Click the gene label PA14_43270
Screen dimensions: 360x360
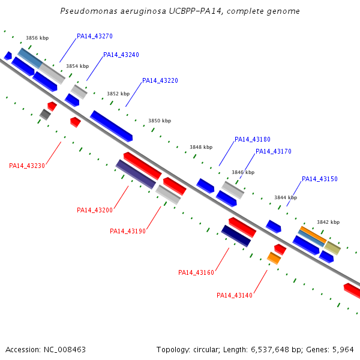pos(95,36)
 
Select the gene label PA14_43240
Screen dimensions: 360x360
pos(121,55)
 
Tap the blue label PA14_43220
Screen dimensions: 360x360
pos(160,80)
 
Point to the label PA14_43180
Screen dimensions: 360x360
pos(253,139)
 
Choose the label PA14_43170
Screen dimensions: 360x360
pos(274,151)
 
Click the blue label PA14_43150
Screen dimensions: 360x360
pos(320,179)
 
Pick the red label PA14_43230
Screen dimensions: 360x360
pos(27,166)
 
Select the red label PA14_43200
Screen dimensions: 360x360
pos(95,210)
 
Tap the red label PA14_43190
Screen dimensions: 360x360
pos(128,231)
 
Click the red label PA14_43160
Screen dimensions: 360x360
pos(196,272)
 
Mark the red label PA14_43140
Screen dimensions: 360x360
pos(235,295)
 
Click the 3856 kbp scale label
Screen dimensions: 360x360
pos(37,38)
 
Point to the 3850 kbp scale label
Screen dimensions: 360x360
pos(160,121)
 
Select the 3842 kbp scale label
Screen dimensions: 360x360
pos(328,221)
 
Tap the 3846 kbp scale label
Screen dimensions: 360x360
pos(243,172)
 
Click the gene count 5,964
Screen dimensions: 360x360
pos(343,349)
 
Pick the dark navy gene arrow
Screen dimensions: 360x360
pos(236,236)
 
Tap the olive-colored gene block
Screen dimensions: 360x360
pos(332,248)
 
